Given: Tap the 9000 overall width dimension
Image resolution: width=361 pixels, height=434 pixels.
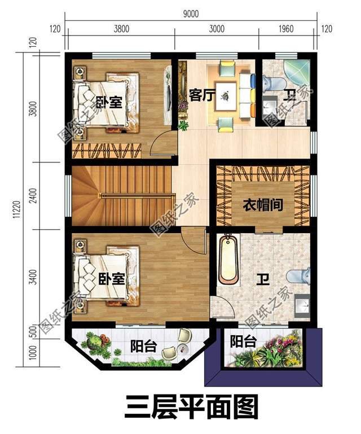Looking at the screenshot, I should click(x=191, y=15).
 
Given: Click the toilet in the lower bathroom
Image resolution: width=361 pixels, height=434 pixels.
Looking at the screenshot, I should click(x=297, y=276).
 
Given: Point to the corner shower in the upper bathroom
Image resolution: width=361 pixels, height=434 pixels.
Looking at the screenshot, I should click(x=296, y=73).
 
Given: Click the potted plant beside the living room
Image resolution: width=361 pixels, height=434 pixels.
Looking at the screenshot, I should click(x=183, y=125).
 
